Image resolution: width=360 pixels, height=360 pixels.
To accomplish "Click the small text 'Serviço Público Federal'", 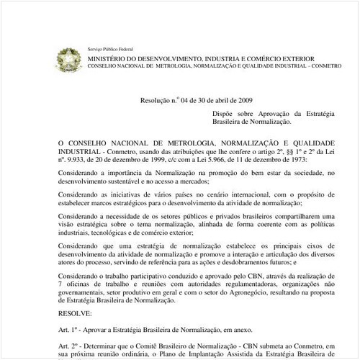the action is point(106,48).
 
